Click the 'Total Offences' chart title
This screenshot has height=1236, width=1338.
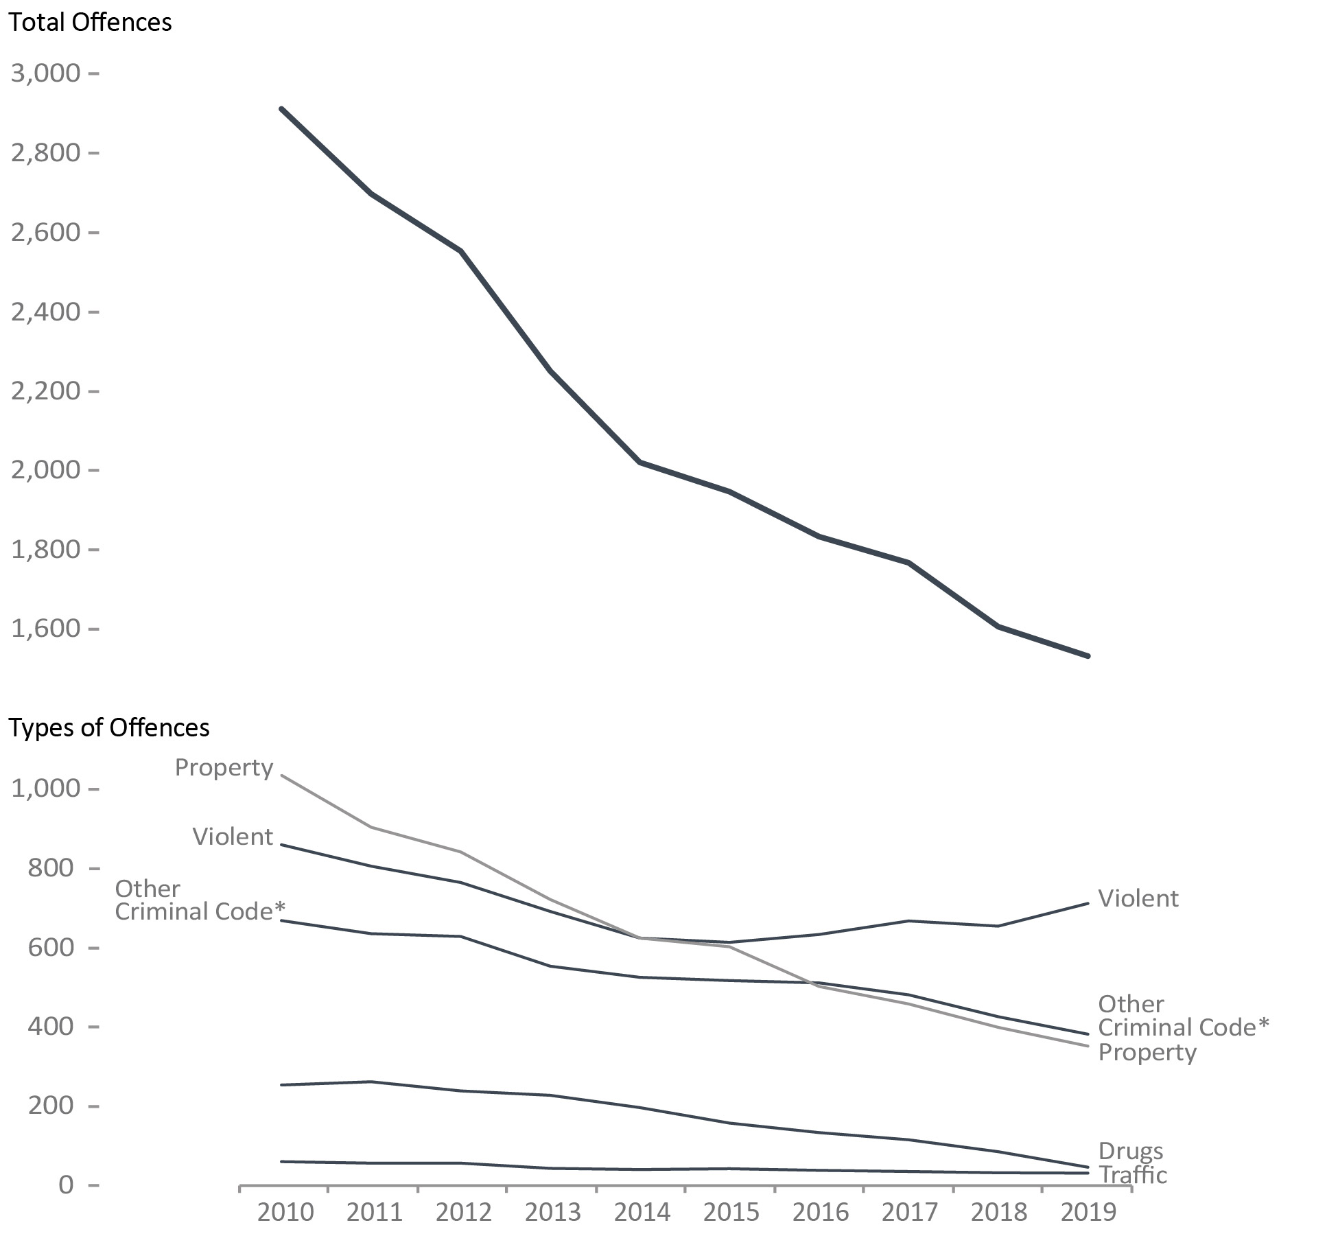click(x=90, y=23)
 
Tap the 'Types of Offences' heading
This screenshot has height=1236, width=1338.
click(x=108, y=727)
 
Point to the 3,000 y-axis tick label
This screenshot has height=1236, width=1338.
click(x=45, y=73)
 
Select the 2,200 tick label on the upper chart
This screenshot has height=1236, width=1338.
click(x=45, y=391)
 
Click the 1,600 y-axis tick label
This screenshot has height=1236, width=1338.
click(x=45, y=629)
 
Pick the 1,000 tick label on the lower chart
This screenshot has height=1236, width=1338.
click(x=45, y=789)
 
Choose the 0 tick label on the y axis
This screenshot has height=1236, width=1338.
click(x=66, y=1185)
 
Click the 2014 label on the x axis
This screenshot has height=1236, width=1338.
click(x=642, y=1212)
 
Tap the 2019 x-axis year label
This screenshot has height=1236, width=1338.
click(x=1088, y=1212)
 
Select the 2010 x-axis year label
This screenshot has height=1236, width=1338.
click(x=285, y=1212)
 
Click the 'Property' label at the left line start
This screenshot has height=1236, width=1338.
click(x=224, y=767)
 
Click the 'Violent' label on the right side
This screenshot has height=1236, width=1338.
click(x=1138, y=898)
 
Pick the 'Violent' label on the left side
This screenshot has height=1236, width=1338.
click(x=233, y=837)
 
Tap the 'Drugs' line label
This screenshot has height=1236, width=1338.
click(x=1130, y=1151)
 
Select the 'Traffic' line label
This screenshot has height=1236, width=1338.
click(x=1133, y=1175)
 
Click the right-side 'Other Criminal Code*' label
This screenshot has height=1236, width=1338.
click(x=1183, y=1016)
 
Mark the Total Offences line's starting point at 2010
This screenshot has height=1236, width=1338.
click(x=281, y=109)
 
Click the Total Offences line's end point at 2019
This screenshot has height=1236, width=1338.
click(x=1088, y=656)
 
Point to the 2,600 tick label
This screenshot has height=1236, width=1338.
click(x=45, y=232)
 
